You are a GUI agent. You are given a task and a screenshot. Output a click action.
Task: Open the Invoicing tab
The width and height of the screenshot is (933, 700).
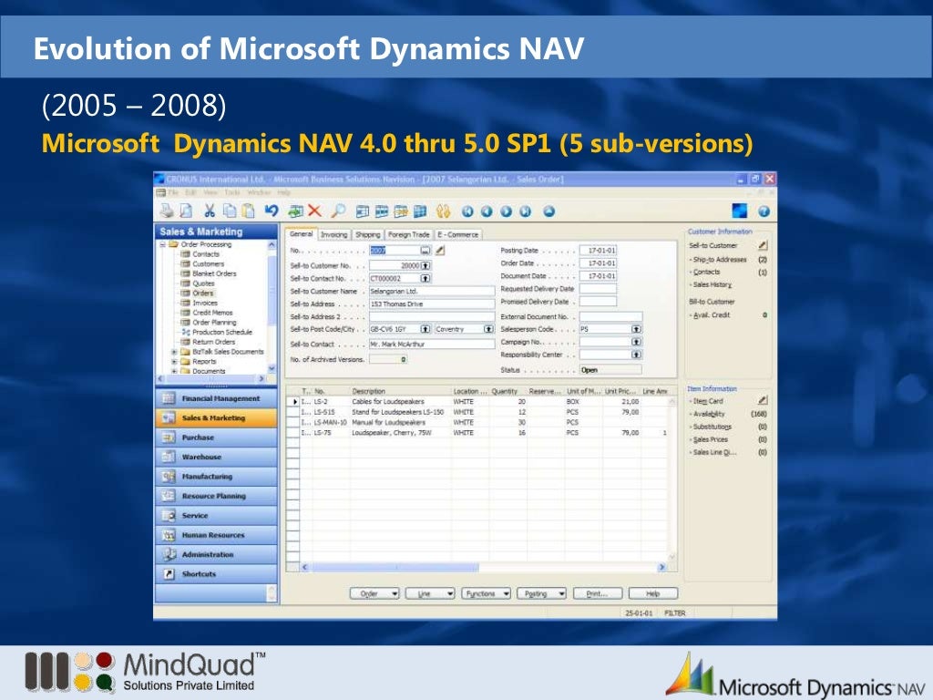coord(333,234)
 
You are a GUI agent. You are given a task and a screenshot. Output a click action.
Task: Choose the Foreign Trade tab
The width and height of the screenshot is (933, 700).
coord(408,234)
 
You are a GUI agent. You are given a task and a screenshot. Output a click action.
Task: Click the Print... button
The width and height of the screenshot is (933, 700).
coord(596,593)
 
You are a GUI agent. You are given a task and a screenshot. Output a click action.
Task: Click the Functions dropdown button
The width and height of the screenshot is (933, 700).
coord(486,593)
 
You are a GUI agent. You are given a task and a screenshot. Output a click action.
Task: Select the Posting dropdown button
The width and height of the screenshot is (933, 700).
coord(541,593)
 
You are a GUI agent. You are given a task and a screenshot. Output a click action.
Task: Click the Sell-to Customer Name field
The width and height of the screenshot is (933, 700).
coord(432,291)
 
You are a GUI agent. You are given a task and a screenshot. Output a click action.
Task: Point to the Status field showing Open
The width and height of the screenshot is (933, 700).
coord(610,370)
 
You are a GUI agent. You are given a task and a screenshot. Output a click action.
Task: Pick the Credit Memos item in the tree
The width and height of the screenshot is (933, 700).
coord(212,313)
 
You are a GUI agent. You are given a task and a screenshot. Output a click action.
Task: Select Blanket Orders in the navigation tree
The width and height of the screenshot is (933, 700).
coord(214,273)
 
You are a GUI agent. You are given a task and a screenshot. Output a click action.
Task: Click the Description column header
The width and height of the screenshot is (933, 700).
coord(369,391)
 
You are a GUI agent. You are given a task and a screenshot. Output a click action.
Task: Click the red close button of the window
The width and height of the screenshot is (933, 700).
coord(769,180)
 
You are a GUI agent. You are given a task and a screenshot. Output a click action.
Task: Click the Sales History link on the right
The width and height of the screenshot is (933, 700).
coord(712,284)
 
